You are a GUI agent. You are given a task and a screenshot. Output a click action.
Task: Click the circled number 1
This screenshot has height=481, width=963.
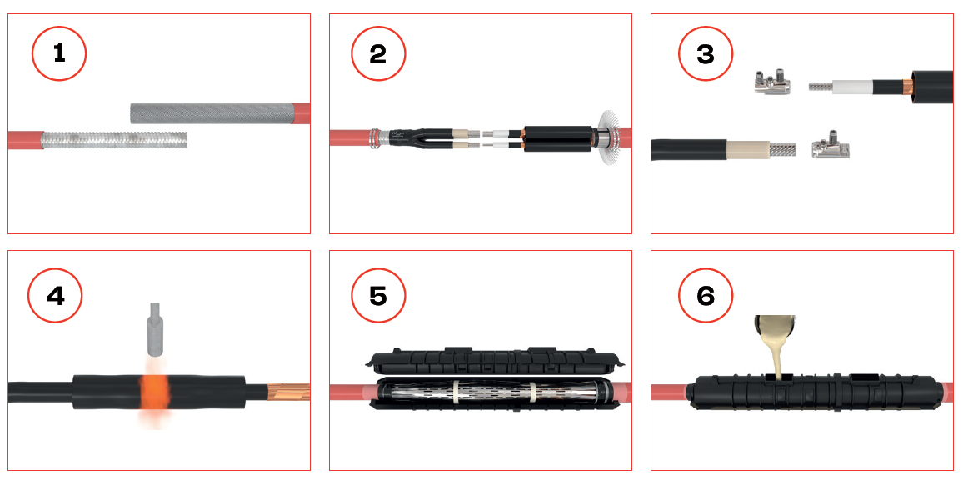[59, 54]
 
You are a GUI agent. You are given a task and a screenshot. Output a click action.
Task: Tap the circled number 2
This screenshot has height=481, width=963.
[378, 54]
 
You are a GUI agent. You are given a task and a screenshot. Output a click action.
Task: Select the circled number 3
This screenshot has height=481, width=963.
[706, 54]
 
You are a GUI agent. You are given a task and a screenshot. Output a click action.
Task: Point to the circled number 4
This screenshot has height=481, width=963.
[55, 296]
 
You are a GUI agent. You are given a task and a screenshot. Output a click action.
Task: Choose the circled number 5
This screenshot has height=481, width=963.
[378, 296]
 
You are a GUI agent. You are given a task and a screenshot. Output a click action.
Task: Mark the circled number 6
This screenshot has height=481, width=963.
[706, 296]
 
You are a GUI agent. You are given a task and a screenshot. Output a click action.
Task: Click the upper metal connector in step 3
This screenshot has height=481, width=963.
[771, 81]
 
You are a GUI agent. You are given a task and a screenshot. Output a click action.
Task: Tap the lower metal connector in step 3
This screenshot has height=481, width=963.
[831, 145]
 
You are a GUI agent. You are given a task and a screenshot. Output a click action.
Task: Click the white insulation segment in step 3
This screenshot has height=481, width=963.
[850, 87]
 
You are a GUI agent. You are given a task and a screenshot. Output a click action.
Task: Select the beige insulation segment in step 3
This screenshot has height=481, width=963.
[746, 149]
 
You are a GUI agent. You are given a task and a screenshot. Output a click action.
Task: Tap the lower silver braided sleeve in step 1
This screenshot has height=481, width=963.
[114, 139]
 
